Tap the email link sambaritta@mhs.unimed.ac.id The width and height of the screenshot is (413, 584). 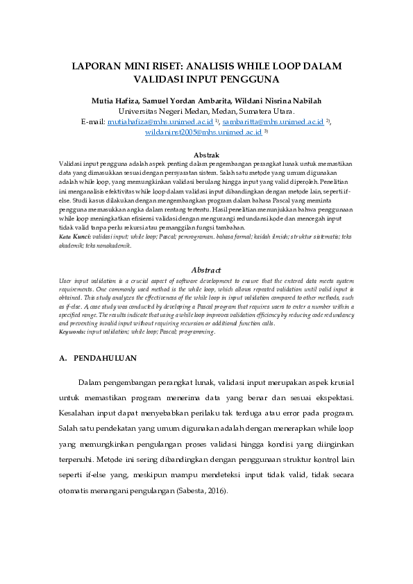click(x=273, y=121)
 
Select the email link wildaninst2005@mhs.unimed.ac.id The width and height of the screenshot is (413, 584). click(x=203, y=131)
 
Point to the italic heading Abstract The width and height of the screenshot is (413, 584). click(x=206, y=270)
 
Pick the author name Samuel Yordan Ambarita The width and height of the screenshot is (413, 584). click(x=189, y=101)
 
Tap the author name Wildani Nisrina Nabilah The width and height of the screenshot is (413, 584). click(x=283, y=101)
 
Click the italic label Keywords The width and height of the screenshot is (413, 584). click(x=71, y=332)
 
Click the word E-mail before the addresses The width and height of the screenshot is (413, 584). click(x=92, y=121)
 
